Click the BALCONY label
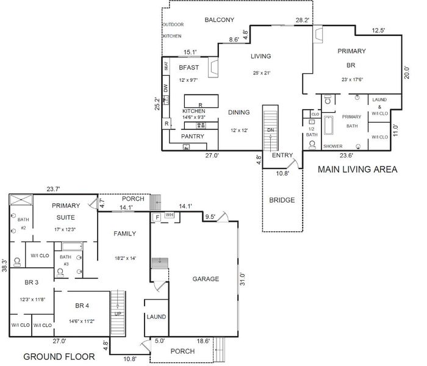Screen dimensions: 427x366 point(219,20)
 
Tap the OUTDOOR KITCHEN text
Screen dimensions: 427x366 point(173,30)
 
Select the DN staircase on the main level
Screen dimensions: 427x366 point(270,128)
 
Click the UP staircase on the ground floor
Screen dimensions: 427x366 point(118,313)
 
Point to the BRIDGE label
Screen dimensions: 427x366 point(282,200)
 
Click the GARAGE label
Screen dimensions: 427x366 point(206,279)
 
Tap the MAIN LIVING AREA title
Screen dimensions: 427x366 point(357,170)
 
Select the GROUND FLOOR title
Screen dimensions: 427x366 point(59,356)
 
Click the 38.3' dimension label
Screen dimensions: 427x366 point(5,265)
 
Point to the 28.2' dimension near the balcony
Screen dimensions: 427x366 point(303,20)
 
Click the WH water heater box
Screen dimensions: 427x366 point(170,215)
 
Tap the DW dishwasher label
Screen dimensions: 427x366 point(166,88)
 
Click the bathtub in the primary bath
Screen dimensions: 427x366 point(328,126)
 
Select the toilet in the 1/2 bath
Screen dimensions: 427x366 point(312,145)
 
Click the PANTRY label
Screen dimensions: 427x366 point(193,136)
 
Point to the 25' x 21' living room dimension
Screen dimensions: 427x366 point(262,73)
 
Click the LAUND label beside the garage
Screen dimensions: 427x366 point(156,317)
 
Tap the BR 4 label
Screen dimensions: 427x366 point(82,306)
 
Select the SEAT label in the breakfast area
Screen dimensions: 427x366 point(166,66)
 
